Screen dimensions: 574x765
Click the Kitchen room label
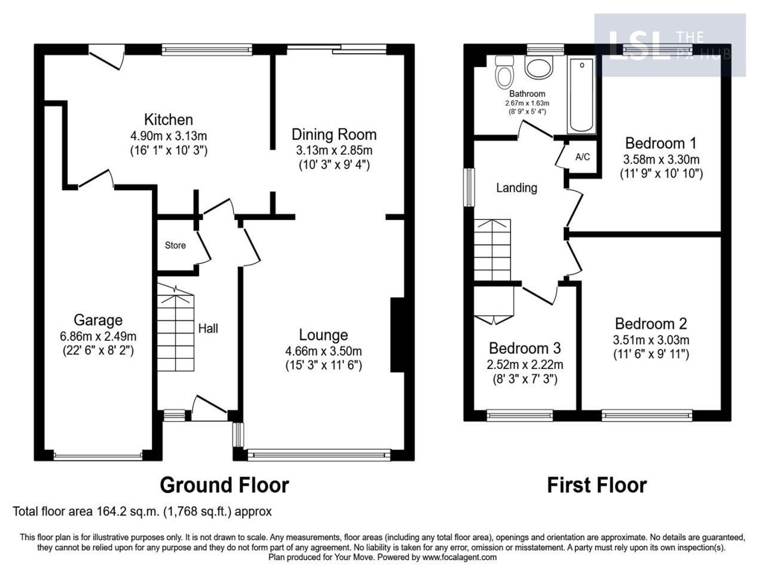[x=168, y=120]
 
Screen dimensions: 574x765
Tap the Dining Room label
[x=334, y=134]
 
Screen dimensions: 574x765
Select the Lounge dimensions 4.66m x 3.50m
[x=323, y=351]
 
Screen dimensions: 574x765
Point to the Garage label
[x=98, y=320]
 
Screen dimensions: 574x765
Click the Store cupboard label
[x=175, y=245]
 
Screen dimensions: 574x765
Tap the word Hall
[x=208, y=328]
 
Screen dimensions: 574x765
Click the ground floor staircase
[x=176, y=329]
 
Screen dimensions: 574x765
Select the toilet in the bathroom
[x=505, y=72]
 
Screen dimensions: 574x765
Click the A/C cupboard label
[x=582, y=157]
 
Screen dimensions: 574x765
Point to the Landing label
[x=516, y=188]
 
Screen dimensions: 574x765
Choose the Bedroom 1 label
[x=660, y=143]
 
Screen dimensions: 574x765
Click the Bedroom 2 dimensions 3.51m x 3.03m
[x=651, y=340]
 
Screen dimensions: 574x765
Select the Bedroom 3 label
[x=525, y=348]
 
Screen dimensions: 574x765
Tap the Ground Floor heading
[x=224, y=484]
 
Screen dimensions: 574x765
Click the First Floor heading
[x=596, y=484]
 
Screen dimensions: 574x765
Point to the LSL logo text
[x=637, y=45]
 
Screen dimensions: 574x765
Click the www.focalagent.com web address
[x=459, y=557]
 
